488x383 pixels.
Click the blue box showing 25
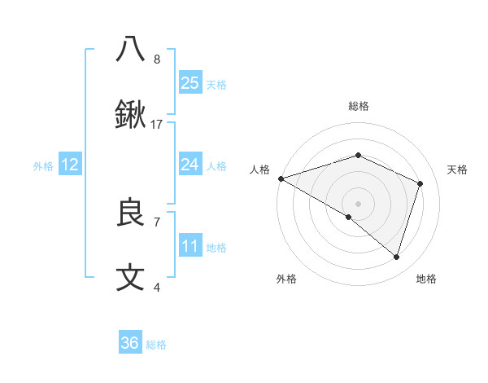pyautogui.click(x=190, y=82)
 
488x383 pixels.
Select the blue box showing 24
pyautogui.click(x=190, y=165)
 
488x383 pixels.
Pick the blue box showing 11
pyautogui.click(x=190, y=246)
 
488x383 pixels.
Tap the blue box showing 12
pyautogui.click(x=70, y=165)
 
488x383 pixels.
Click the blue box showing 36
pyautogui.click(x=130, y=342)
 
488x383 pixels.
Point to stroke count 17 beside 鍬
pyautogui.click(x=157, y=125)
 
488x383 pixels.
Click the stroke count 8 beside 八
pyautogui.click(x=157, y=59)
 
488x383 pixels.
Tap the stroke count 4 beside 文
pyautogui.click(x=157, y=288)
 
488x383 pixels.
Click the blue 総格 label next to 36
pyautogui.click(x=156, y=345)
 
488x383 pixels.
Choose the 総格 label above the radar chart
pyautogui.click(x=358, y=106)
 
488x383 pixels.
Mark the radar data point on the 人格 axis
pyautogui.click(x=281, y=178)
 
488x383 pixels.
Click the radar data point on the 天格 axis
pyautogui.click(x=420, y=183)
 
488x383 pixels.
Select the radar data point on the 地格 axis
pyautogui.click(x=396, y=257)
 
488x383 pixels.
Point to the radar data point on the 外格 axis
pyautogui.click(x=349, y=217)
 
